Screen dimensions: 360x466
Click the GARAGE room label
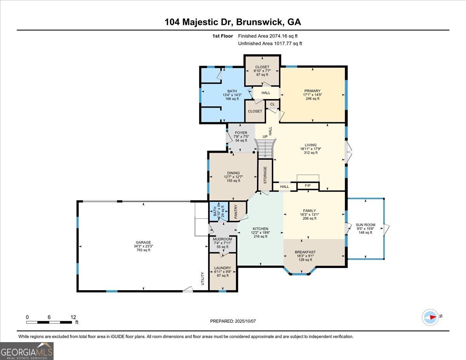tap(143, 242)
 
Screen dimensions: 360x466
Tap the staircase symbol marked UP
tap(265, 148)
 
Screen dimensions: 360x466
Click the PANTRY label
tap(236, 212)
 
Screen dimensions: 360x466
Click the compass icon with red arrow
tap(430, 317)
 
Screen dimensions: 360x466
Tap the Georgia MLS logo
tap(27, 351)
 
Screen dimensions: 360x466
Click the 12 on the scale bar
tap(73, 317)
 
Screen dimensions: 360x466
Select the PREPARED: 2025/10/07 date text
tap(233, 321)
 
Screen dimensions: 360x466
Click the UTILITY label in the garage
tap(203, 279)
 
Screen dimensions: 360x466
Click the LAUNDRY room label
tap(223, 268)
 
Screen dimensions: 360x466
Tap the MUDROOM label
tap(223, 239)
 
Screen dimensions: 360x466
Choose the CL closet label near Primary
tap(272, 104)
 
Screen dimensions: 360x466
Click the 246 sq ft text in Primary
tap(312, 99)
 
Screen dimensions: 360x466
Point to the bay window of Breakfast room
tap(299, 273)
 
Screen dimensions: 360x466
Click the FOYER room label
tap(241, 133)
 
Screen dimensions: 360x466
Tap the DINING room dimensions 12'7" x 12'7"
tap(233, 177)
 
